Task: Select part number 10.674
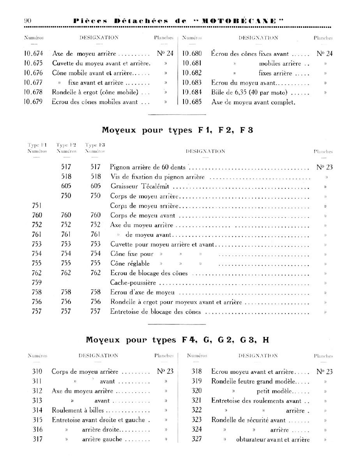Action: point(33,54)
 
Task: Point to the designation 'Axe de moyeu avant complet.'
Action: point(253,103)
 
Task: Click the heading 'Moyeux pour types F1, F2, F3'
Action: point(178,130)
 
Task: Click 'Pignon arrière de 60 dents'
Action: point(148,167)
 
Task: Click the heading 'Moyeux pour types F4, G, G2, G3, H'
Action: point(178,340)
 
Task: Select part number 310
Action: point(37,371)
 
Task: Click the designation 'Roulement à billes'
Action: point(78,410)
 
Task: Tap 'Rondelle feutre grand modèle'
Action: point(253,381)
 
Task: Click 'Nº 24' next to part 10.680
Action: point(325,54)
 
